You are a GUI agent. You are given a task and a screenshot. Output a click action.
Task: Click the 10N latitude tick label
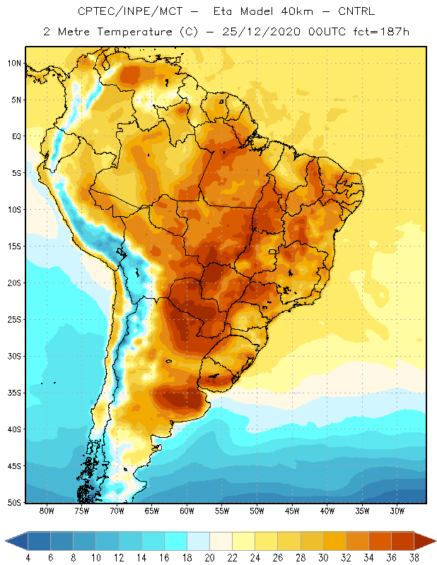(15, 64)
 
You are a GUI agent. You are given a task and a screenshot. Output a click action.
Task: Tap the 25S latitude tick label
(15, 320)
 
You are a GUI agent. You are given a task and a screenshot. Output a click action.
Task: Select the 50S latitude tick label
(15, 503)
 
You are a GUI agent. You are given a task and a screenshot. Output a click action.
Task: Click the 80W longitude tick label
(47, 511)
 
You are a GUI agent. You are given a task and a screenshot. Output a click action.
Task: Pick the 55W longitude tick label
(222, 511)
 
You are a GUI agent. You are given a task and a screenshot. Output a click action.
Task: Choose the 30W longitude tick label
(397, 511)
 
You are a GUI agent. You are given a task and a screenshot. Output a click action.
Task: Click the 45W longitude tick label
(292, 511)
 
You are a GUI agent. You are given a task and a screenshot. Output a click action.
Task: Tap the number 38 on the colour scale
(414, 558)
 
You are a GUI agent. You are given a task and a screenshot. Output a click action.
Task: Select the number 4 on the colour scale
(28, 558)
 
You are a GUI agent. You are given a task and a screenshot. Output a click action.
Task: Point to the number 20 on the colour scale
(209, 558)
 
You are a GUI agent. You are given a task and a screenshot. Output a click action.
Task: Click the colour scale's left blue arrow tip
(6, 541)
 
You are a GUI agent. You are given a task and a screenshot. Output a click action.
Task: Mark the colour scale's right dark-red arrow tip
(436, 541)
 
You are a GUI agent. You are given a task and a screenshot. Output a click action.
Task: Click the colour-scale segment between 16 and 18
(176, 541)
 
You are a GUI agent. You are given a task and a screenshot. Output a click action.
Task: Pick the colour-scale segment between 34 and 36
(380, 541)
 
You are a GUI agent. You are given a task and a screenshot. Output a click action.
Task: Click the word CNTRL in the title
(356, 11)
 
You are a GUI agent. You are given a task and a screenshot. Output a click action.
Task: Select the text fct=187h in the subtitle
(381, 32)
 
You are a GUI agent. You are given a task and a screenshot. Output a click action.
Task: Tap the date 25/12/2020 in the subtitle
(261, 32)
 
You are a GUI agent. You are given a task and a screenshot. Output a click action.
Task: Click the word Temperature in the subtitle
(134, 32)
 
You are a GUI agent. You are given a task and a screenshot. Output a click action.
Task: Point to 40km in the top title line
(297, 11)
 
